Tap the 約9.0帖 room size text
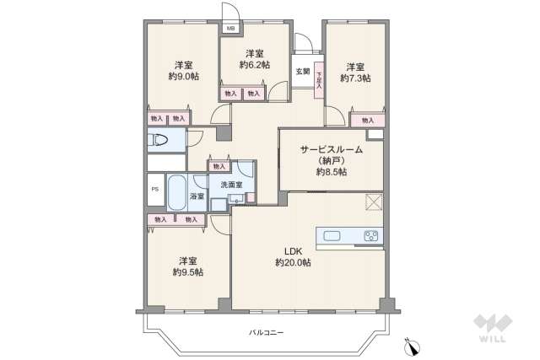pyautogui.click(x=184, y=77)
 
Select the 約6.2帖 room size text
pyautogui.click(x=254, y=65)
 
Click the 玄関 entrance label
pyautogui.click(x=302, y=72)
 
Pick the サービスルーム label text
pyautogui.click(x=332, y=149)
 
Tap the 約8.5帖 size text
pyautogui.click(x=332, y=172)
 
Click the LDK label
pyautogui.click(x=293, y=250)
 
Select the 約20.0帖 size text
pyautogui.click(x=293, y=263)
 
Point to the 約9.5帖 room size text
pyautogui.click(x=187, y=272)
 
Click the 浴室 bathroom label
pyautogui.click(x=197, y=196)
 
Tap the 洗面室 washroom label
pyautogui.click(x=230, y=184)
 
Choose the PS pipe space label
pyautogui.click(x=154, y=189)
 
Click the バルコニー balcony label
pyautogui.click(x=266, y=332)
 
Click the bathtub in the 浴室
pyautogui.click(x=177, y=193)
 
